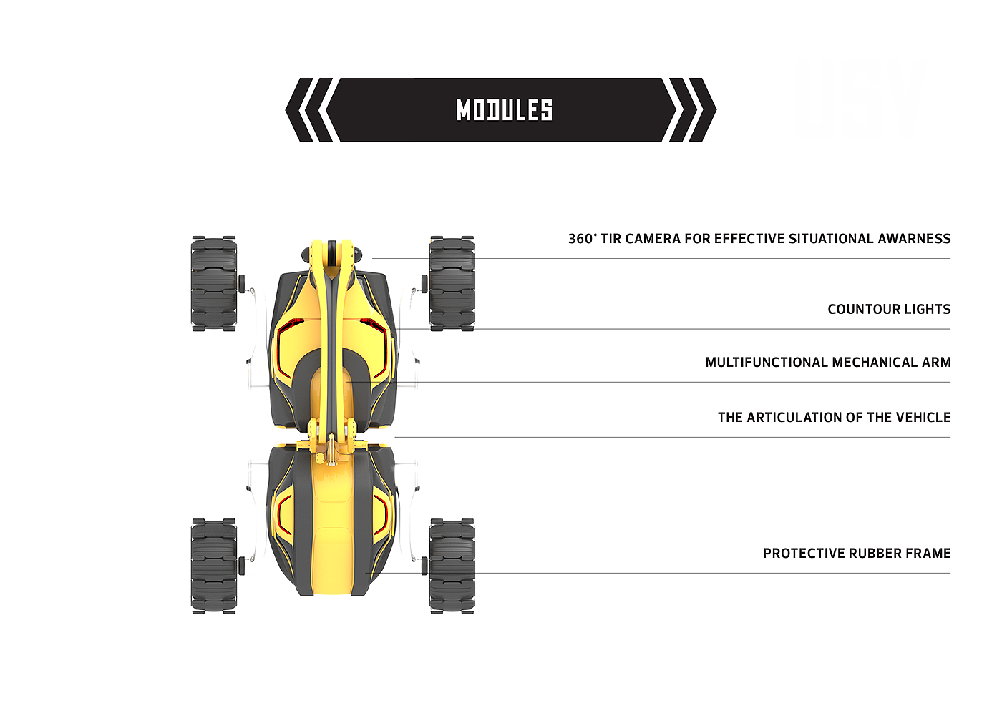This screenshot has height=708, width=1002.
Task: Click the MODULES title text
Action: point(505,110)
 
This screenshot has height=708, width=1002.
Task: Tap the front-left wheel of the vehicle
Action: point(214,283)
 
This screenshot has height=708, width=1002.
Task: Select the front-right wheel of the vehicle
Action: point(452,283)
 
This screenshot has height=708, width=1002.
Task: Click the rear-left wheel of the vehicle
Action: point(214,566)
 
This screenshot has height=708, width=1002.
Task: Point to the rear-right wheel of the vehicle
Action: point(452,566)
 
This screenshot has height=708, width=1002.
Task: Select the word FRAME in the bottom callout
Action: point(928,554)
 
